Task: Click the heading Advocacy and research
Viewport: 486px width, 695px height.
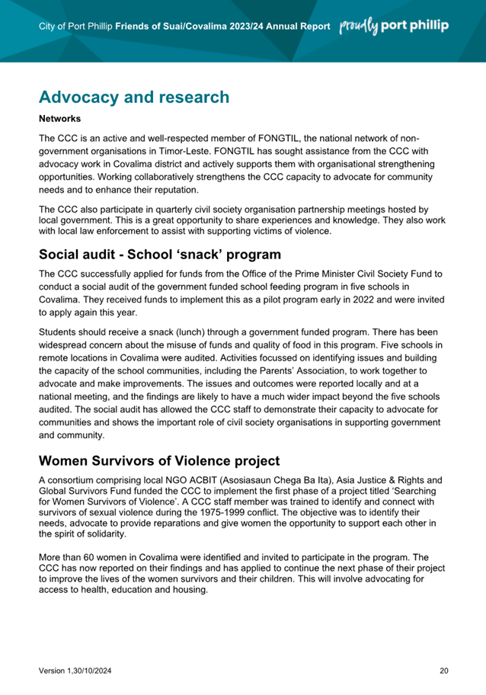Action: (133, 98)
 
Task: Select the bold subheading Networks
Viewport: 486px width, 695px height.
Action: (59, 119)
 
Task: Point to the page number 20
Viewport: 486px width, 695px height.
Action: (444, 671)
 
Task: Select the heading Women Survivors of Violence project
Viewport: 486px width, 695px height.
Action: (159, 461)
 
